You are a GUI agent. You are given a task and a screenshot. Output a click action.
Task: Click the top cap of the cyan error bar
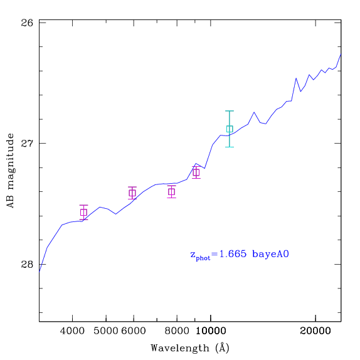(x=230, y=111)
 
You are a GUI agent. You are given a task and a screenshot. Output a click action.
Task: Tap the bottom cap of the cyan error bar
(x=230, y=147)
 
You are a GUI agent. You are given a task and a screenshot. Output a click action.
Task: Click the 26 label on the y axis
(x=27, y=23)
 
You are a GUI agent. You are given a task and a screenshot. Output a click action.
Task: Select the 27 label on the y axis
(x=27, y=144)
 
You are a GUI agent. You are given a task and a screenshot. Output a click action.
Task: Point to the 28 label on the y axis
(x=27, y=264)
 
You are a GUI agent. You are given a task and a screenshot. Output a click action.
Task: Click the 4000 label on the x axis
(x=72, y=331)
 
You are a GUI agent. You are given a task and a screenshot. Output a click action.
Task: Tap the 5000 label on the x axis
(x=106, y=331)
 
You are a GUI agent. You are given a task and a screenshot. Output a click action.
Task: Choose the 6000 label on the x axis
(x=134, y=331)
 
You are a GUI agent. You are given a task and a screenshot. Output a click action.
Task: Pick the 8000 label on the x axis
(x=177, y=331)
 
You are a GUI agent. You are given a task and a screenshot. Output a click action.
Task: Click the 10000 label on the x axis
(x=211, y=331)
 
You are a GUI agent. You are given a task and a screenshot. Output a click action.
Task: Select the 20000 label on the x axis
(x=315, y=331)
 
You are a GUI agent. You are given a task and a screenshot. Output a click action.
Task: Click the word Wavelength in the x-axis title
(x=180, y=348)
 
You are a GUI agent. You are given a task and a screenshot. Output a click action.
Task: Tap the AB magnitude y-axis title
(x=10, y=171)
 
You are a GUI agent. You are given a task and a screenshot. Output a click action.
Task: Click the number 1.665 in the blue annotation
(x=233, y=254)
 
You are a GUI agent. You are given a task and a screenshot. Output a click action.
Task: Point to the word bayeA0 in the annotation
(x=270, y=255)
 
